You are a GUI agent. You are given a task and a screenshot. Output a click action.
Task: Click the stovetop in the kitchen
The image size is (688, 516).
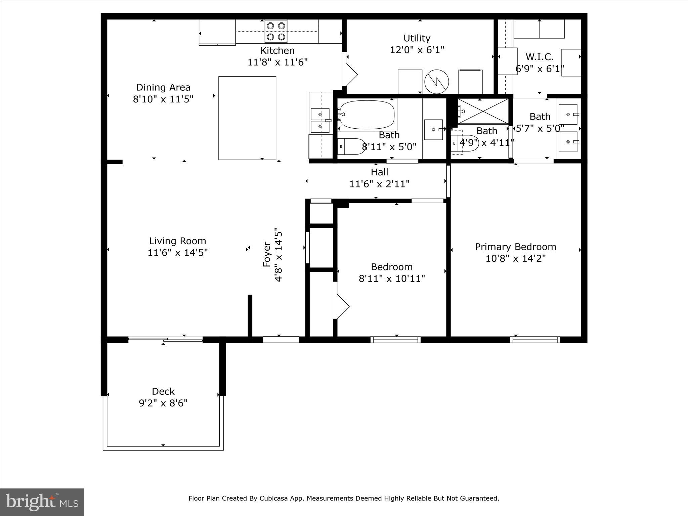[276, 31]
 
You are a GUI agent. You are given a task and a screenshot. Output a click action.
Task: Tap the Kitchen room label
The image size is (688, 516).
[277, 51]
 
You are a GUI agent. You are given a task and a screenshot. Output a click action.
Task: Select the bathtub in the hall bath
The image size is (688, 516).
[367, 115]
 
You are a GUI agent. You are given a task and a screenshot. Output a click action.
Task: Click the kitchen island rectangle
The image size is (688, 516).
[247, 118]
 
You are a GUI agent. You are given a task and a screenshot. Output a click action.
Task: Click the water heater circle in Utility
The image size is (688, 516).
[437, 82]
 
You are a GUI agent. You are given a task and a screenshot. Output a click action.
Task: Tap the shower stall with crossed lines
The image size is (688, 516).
[483, 111]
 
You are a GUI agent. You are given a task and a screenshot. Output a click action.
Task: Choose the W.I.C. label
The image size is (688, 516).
[540, 57]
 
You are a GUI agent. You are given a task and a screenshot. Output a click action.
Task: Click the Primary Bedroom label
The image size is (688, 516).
[515, 247]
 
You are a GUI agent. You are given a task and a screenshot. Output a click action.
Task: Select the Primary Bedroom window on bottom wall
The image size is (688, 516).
[535, 340]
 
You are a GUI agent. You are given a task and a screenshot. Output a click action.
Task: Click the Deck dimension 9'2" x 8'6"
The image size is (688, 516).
[163, 403]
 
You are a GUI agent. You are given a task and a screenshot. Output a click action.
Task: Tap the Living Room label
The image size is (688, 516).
[178, 241]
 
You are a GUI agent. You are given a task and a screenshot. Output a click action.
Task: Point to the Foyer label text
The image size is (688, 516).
[267, 254]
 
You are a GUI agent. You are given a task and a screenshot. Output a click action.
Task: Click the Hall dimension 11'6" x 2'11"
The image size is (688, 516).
[380, 184]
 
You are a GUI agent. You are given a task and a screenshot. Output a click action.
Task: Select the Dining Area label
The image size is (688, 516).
[163, 87]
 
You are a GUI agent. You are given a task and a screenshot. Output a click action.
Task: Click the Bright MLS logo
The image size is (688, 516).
[42, 502]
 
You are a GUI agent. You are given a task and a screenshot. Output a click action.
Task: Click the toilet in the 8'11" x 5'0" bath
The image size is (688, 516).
[351, 146]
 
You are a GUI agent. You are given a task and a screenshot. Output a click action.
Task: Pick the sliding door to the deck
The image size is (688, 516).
[165, 340]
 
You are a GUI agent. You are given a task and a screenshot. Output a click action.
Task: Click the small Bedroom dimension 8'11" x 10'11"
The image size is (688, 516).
[392, 278]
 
